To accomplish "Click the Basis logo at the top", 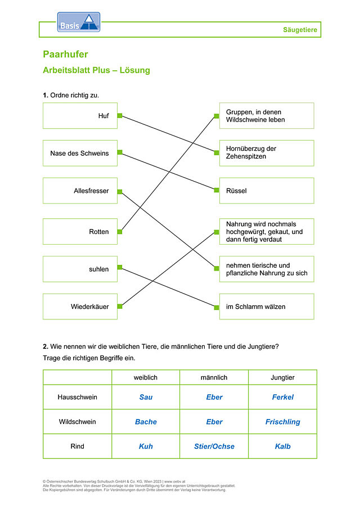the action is click(x=79, y=22).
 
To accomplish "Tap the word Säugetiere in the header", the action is click(x=300, y=30).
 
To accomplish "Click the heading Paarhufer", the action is click(x=66, y=54).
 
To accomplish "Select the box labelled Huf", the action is click(x=80, y=115).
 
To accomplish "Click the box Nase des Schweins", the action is click(x=80, y=153).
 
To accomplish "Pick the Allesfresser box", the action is click(x=80, y=191).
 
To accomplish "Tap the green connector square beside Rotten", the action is click(x=120, y=232).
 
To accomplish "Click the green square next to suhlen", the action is click(x=120, y=267).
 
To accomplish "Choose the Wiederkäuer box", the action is click(x=80, y=307).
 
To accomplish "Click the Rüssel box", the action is click(x=267, y=191).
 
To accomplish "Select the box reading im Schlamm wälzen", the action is click(x=267, y=307).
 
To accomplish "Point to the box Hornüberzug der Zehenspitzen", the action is click(x=267, y=153).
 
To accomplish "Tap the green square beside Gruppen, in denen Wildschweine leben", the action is click(x=217, y=116).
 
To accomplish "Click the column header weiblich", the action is click(x=146, y=377).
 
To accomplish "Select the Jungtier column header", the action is click(x=283, y=377).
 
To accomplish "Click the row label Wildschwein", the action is click(x=77, y=422).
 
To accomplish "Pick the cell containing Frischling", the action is click(x=283, y=422).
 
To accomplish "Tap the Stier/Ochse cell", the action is click(x=214, y=447).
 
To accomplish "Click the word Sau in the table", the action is click(x=146, y=397).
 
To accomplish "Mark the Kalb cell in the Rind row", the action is click(x=283, y=447).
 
